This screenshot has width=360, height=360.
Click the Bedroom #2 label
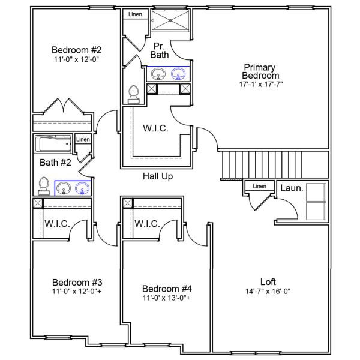(76, 50)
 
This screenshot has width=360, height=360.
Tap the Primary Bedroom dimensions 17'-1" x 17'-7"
(260, 85)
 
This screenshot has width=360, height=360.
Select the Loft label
(268, 281)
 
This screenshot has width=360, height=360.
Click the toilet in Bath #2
(44, 186)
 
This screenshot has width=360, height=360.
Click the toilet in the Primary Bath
(134, 94)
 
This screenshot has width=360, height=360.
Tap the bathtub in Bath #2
(53, 145)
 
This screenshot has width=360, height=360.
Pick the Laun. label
(292, 188)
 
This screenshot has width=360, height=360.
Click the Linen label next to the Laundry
(259, 186)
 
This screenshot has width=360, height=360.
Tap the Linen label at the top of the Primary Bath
(135, 14)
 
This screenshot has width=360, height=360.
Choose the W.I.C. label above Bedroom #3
(57, 223)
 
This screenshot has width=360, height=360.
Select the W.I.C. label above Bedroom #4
(146, 223)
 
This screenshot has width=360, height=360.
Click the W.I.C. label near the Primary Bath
(155, 128)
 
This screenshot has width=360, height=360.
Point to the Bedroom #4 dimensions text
(167, 298)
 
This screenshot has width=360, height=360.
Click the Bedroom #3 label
(77, 282)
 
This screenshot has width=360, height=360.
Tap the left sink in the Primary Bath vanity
(159, 74)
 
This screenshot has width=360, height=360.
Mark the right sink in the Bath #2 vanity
(82, 189)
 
